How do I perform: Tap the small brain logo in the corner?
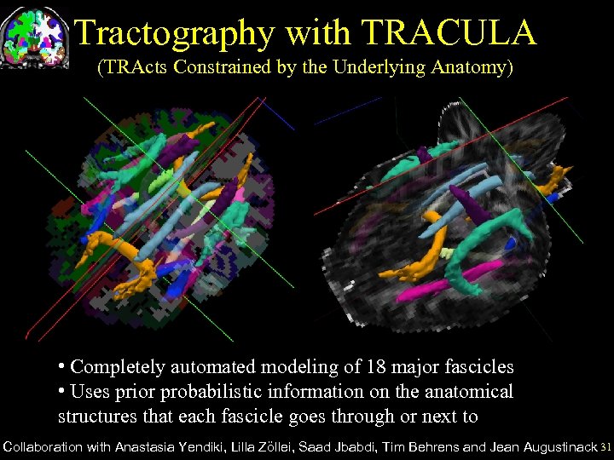coord(35,37)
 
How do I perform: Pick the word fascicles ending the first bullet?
coord(475,367)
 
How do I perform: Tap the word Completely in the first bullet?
coord(118,367)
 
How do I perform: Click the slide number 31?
coord(605,446)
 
